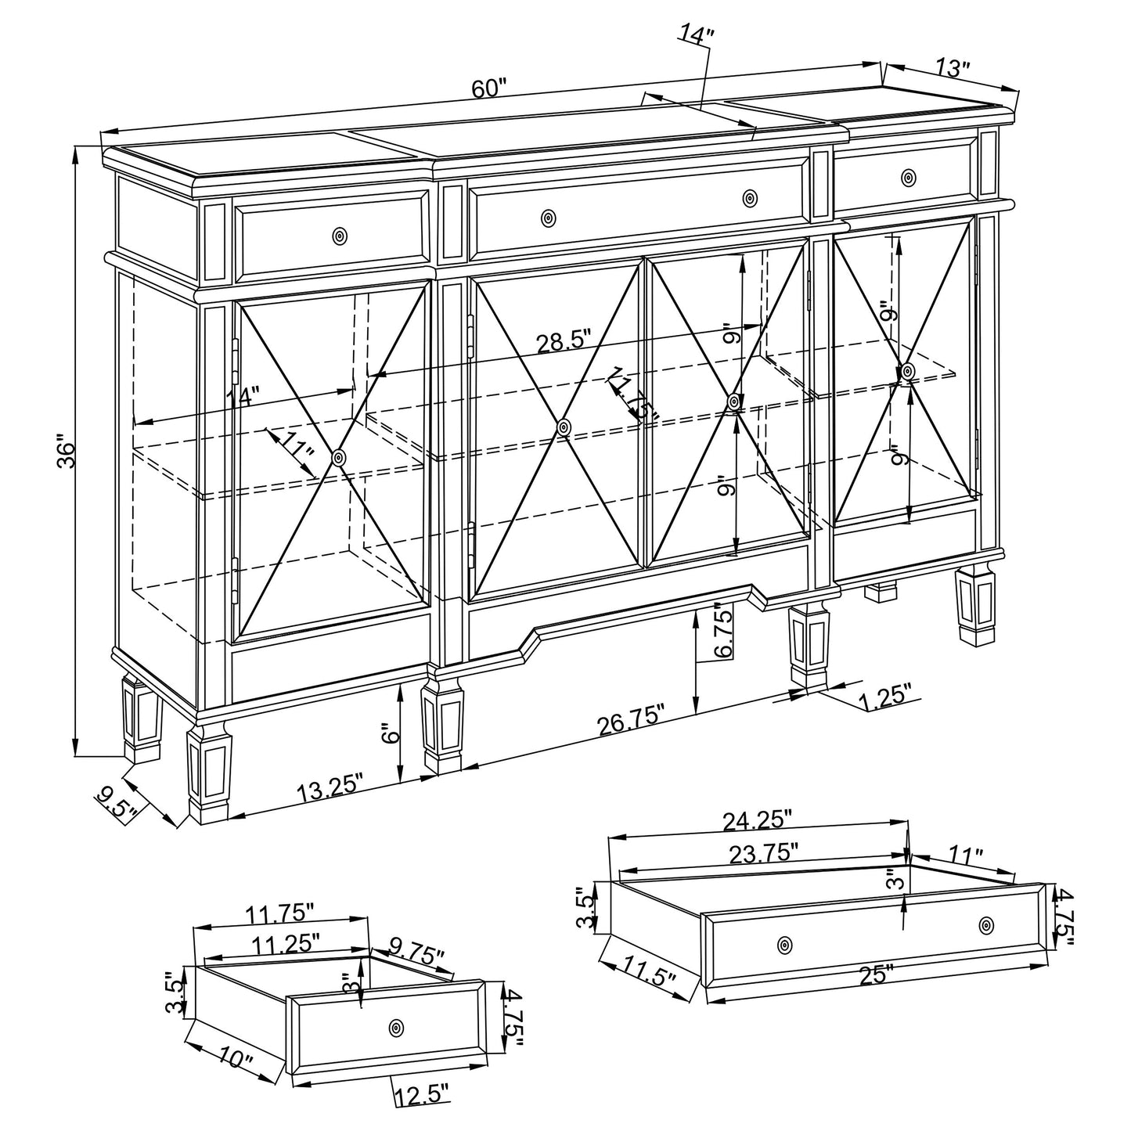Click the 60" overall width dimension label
[490, 88]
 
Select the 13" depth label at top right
[952, 68]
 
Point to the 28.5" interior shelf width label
[564, 342]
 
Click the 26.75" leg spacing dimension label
[632, 719]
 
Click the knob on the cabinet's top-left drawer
[339, 236]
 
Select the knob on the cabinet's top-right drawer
[908, 177]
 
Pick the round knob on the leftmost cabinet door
[338, 458]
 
